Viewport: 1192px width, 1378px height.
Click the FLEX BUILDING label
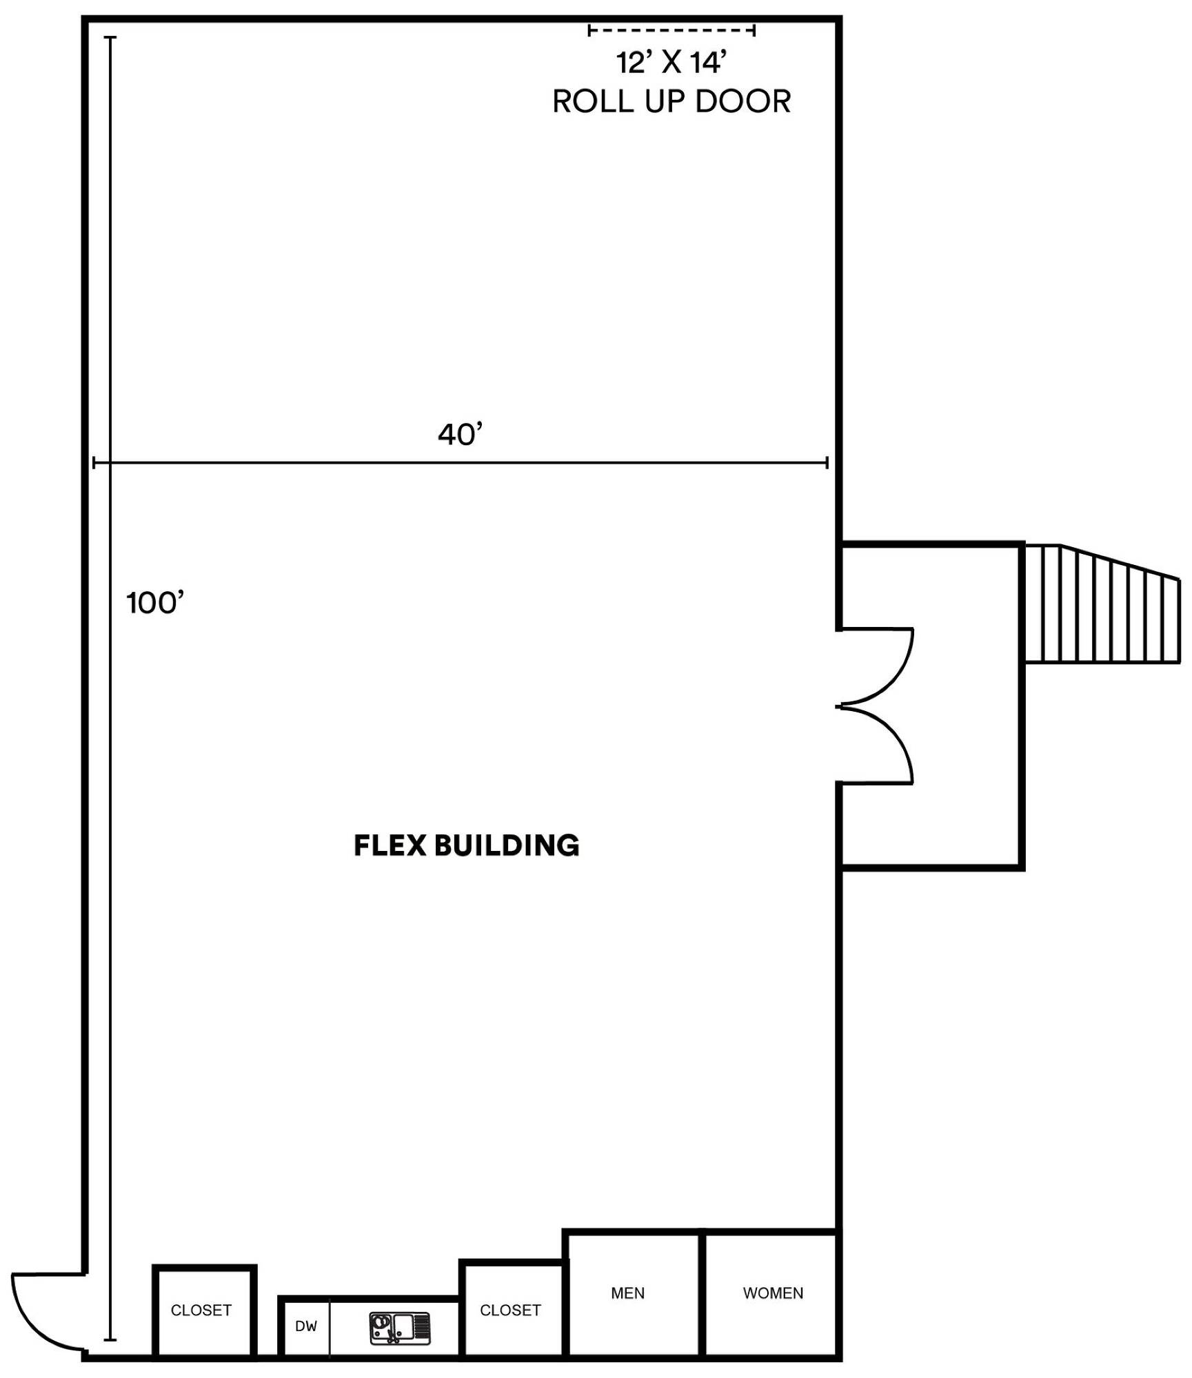[x=467, y=845]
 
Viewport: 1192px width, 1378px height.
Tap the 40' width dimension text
[x=461, y=434]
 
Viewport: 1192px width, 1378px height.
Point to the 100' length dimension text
[x=156, y=603]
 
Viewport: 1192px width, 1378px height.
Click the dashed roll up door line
[x=671, y=30]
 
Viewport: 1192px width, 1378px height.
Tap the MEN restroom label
[x=628, y=1293]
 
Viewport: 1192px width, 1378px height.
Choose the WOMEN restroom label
[x=773, y=1293]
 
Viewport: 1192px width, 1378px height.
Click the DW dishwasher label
[x=306, y=1326]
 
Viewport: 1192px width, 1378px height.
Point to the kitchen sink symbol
[x=400, y=1328]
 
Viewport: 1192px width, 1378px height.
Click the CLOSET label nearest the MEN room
[x=510, y=1310]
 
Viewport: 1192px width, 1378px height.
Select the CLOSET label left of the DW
[x=201, y=1310]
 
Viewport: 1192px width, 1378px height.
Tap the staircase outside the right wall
[x=1102, y=604]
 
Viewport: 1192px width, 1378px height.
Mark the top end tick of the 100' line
[x=110, y=37]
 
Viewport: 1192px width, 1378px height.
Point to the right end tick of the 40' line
[x=827, y=462]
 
